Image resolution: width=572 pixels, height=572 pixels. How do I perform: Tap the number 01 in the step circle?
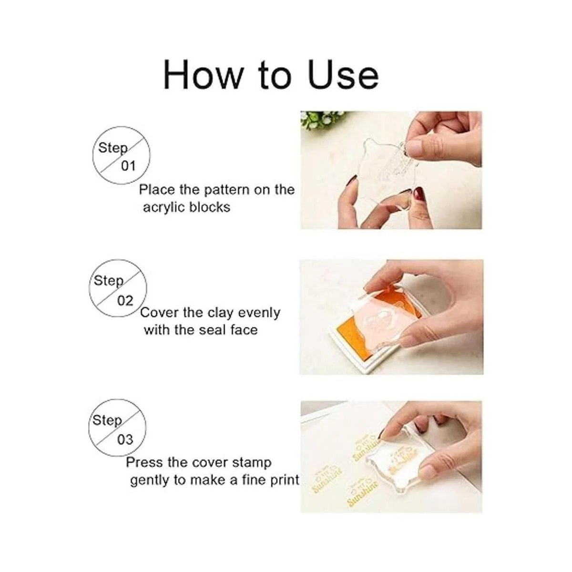(x=128, y=166)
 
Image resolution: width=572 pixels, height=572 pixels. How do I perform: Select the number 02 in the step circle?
(x=125, y=301)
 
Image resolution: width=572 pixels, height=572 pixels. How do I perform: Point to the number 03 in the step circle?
(x=125, y=439)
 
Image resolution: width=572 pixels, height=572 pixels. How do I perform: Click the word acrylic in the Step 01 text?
(x=164, y=208)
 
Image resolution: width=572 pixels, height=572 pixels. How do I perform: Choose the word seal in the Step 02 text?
(x=212, y=330)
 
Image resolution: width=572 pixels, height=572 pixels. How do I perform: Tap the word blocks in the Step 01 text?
(x=210, y=207)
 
